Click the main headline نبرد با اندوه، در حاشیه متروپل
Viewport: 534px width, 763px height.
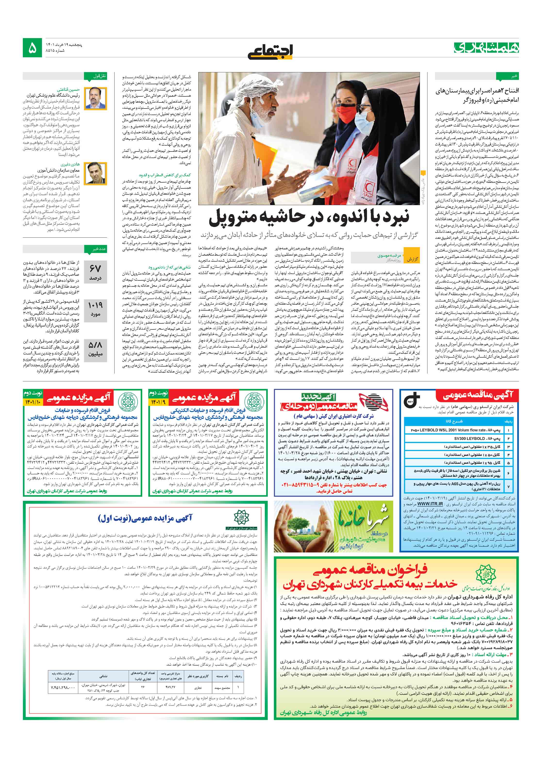pyautogui.click(x=309, y=217)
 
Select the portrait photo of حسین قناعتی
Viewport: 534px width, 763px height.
pyautogui.click(x=95, y=97)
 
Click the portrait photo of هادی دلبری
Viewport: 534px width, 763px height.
pyautogui.click(x=95, y=173)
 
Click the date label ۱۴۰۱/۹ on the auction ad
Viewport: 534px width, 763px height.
pyautogui.click(x=159, y=402)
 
